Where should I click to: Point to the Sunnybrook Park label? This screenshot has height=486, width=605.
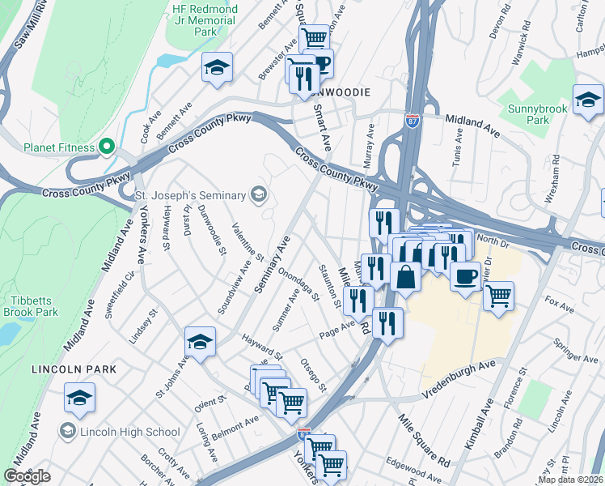[539, 114]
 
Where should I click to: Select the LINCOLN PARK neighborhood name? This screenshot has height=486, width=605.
[74, 369]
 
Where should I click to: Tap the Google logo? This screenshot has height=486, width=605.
[27, 476]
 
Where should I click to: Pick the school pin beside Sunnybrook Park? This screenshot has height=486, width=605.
[588, 100]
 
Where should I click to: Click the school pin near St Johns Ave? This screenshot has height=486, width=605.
[200, 343]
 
